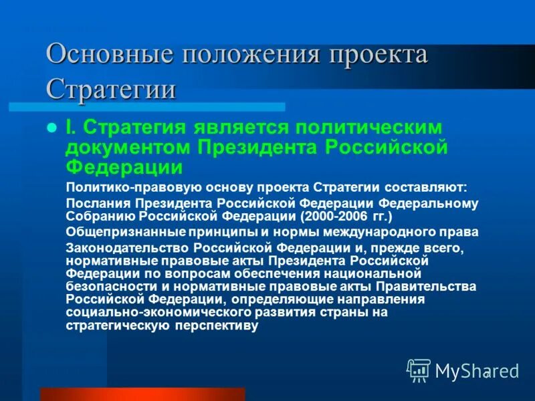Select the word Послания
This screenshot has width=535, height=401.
(x=98, y=203)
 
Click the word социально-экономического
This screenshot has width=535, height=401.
(x=144, y=312)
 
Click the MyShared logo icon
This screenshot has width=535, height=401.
(x=419, y=370)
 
